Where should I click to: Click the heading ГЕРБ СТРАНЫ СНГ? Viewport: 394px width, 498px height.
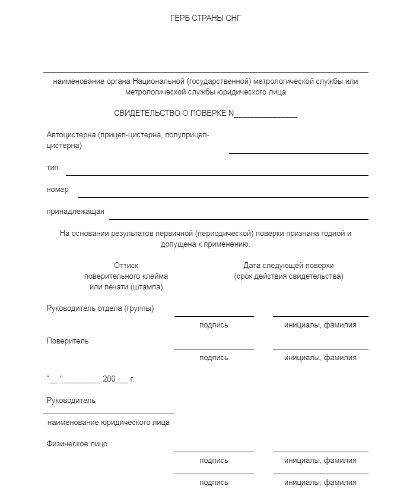coord(205,18)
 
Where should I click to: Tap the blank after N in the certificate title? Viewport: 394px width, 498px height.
coord(266,115)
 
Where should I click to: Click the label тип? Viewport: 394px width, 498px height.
coord(52,168)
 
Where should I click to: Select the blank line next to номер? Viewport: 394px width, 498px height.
coord(223,196)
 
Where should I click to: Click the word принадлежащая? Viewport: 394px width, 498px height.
coord(75,212)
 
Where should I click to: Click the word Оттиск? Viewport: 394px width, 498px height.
coord(126,266)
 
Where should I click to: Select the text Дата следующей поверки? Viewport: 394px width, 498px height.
coord(288,266)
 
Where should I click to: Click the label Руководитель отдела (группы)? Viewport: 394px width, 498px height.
coord(100,308)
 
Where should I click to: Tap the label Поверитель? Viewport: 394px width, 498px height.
coord(68,341)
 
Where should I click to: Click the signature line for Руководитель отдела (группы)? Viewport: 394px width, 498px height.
coord(214,316)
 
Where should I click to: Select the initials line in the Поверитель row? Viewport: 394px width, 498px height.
coord(320,348)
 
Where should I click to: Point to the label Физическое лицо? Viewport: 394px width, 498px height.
coord(77,444)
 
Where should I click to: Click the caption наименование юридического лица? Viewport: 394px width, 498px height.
coord(109,423)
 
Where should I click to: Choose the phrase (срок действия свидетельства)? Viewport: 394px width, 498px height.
coord(288,276)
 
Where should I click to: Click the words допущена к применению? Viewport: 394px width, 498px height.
coord(205,244)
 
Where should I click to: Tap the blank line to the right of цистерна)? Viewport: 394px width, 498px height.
coord(298,153)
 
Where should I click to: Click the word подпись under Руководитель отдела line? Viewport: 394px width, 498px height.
coord(214,325)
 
